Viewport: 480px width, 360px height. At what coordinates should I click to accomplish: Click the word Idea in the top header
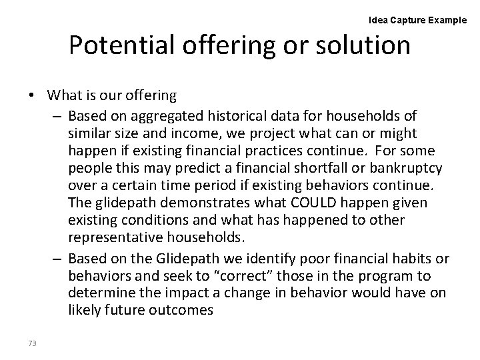378,20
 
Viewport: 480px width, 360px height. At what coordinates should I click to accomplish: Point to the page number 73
33,343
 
